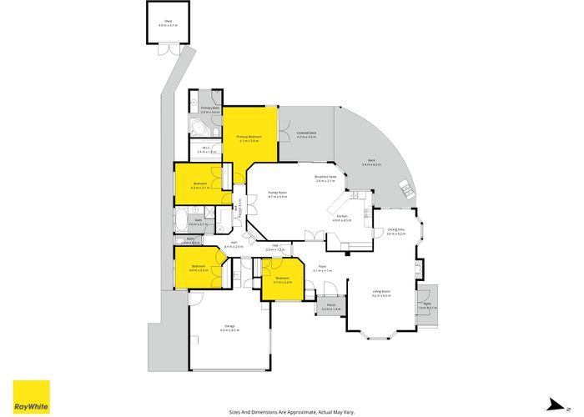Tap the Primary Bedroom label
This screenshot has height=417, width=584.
[249, 136]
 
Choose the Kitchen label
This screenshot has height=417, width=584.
[342, 217]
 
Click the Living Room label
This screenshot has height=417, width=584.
[381, 292]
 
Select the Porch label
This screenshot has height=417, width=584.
[330, 306]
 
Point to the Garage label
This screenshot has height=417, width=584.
[229, 326]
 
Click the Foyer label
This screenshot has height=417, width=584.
[322, 268]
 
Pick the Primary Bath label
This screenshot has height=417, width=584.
[209, 108]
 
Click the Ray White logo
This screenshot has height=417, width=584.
[31, 394]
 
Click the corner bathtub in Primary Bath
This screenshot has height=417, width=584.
[197, 128]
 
